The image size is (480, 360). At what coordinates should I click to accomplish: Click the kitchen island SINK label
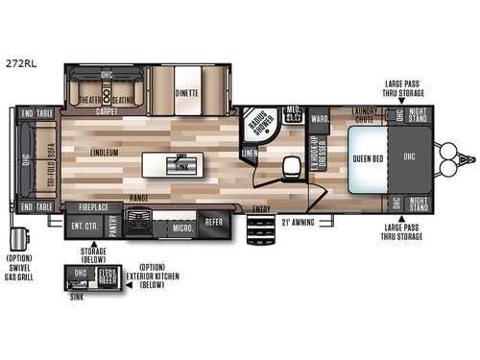coord(180,166)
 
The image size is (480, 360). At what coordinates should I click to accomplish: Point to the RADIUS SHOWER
coord(260,127)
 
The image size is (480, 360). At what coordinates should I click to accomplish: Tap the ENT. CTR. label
coord(85,227)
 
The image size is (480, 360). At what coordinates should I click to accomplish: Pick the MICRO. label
coord(182,228)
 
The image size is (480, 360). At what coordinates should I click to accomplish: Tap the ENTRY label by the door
coord(260,209)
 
